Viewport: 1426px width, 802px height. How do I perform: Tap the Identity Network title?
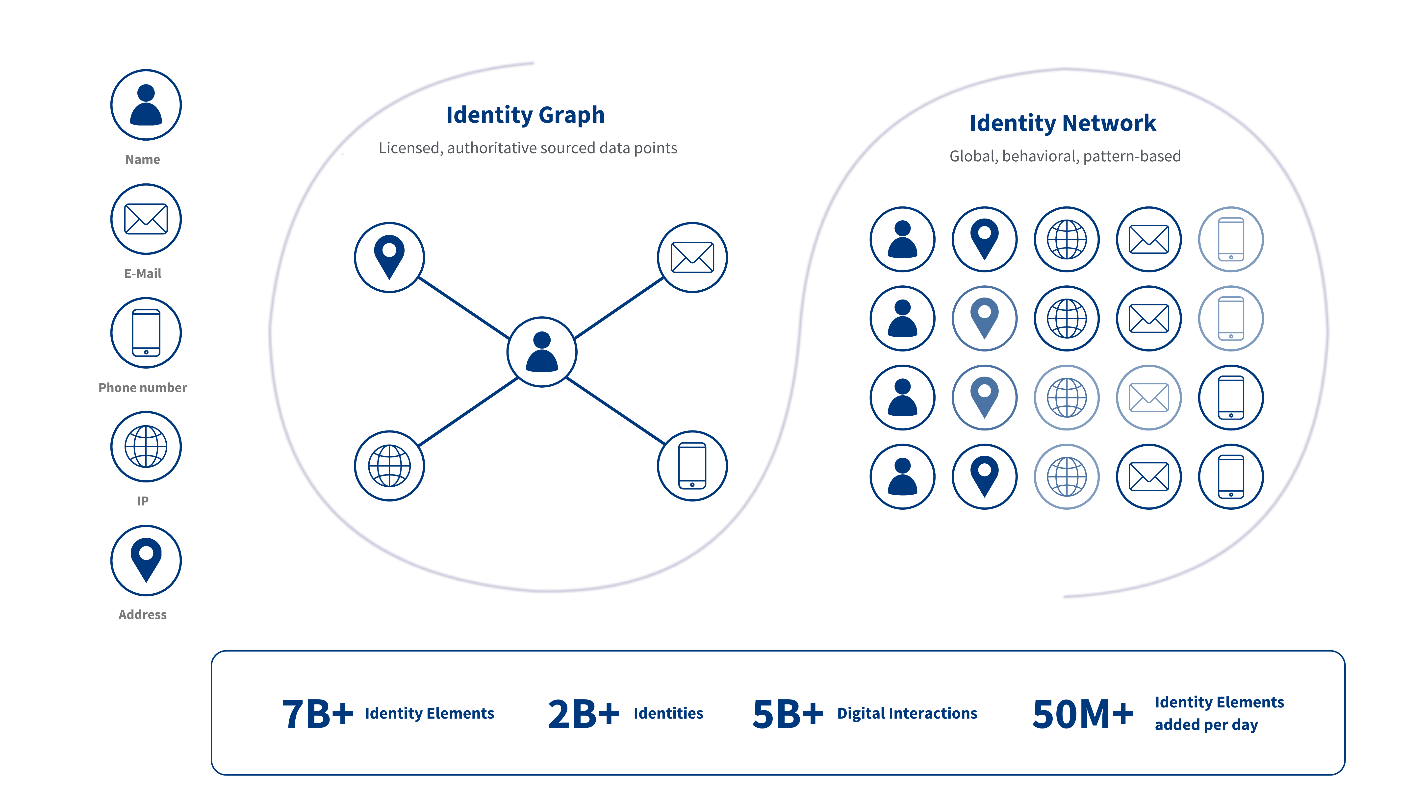[x=1062, y=123]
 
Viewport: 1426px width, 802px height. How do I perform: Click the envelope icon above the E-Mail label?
[x=146, y=219]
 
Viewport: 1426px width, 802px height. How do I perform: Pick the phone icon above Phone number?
[x=146, y=333]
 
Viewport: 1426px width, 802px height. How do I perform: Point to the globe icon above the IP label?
[x=146, y=447]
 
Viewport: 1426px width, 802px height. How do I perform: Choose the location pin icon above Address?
[x=146, y=560]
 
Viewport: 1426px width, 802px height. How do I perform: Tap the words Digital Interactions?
[x=907, y=713]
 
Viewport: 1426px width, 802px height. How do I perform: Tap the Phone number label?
[x=143, y=387]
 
